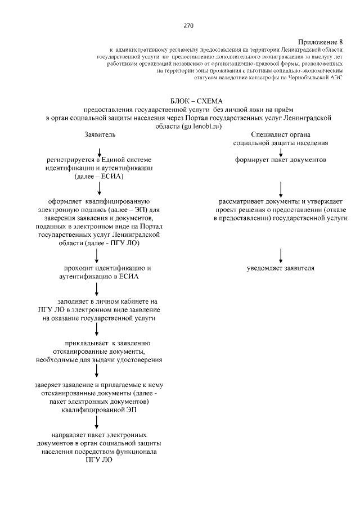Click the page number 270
coord(188,26)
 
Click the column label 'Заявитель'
coord(100,136)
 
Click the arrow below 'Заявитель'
coord(100,151)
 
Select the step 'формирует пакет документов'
coord(281,160)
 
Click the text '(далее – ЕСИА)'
coord(99,177)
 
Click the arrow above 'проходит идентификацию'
coord(97,255)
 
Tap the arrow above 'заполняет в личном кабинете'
coord(97,289)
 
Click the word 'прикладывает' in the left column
coord(86,343)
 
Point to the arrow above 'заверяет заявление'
coord(97,370)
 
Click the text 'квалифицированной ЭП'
coord(99,410)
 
